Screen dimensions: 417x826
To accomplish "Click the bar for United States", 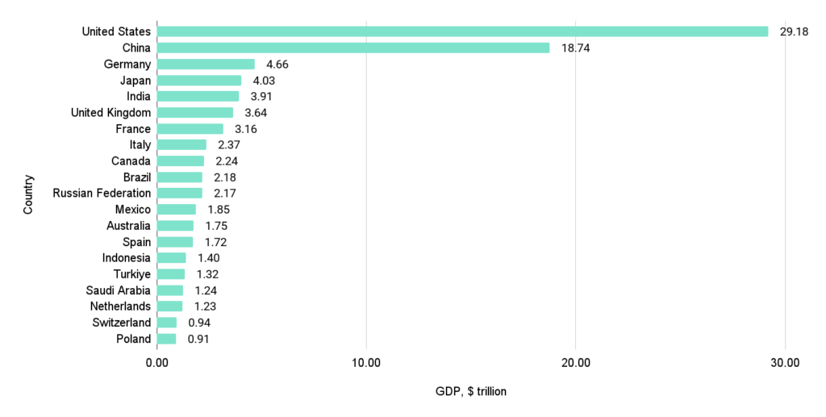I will (462, 31).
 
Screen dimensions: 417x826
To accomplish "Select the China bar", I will (353, 48).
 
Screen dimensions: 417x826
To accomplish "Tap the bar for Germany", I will (206, 64).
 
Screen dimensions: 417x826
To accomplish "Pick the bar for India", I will (198, 96).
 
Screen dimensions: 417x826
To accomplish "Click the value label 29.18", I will (793, 32).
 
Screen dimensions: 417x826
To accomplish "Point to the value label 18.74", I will (575, 48).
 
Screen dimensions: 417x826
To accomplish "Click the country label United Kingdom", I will (111, 112).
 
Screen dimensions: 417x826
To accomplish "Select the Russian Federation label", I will (102, 193).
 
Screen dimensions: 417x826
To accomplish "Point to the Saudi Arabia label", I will (118, 290).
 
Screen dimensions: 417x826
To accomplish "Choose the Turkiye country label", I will (131, 274).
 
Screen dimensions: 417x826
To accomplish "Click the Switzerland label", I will (120, 323).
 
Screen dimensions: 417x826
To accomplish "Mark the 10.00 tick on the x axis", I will (366, 363).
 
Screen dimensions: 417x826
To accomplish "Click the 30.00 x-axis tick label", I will (785, 363).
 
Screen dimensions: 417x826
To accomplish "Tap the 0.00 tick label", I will (157, 363).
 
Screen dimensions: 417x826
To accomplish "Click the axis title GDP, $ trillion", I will (470, 391).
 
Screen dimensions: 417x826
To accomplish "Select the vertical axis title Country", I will (29, 194).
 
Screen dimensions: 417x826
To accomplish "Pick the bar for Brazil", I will (180, 177).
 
